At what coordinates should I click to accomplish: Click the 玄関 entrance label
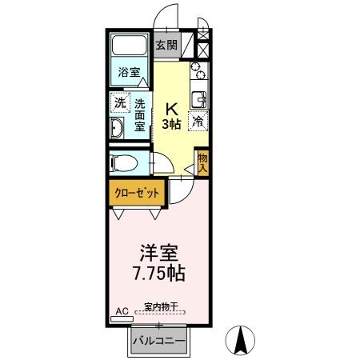[166, 45]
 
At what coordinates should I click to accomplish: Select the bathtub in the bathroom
[129, 48]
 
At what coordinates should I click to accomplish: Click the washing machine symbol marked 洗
[119, 102]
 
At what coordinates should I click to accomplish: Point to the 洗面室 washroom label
[139, 113]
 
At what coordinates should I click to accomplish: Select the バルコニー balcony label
[160, 341]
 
